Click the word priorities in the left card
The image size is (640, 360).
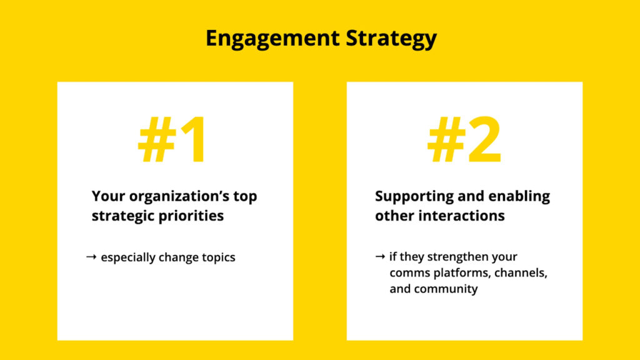[x=193, y=216]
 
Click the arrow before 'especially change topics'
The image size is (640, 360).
[x=91, y=257]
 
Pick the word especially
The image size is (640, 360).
[x=129, y=257]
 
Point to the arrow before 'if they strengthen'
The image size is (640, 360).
[x=380, y=257]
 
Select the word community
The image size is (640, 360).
[x=446, y=289]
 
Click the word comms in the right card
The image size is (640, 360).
[x=407, y=273]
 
